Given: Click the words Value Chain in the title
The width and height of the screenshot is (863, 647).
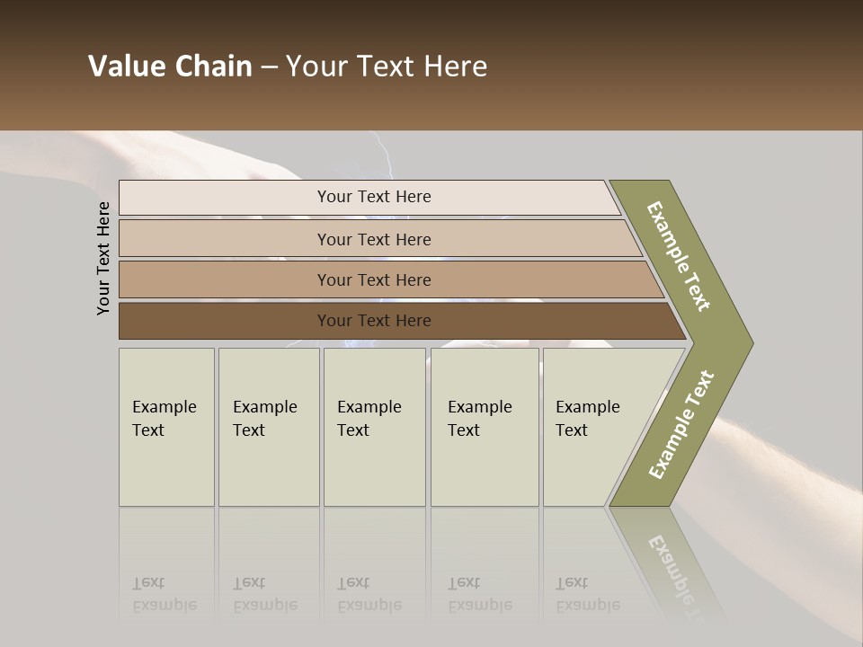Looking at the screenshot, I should (x=170, y=66).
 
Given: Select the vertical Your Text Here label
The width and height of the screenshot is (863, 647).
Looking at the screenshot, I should (x=103, y=258).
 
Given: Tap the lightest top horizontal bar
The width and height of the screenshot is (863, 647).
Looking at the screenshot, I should (x=225, y=198).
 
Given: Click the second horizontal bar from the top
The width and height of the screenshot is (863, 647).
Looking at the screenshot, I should (x=225, y=239).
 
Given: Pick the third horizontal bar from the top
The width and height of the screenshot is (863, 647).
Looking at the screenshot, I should (x=225, y=279).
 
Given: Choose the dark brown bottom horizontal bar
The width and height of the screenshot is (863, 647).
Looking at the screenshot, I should (x=225, y=321).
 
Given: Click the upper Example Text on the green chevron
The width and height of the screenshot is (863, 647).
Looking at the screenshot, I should (x=679, y=256).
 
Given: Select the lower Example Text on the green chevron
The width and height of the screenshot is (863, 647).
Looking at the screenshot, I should (x=681, y=425).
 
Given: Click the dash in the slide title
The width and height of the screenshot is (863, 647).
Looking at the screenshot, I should (x=269, y=66).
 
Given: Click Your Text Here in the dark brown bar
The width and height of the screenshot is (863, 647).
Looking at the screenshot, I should (x=374, y=321).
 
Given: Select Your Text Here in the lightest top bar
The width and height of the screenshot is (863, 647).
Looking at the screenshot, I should (x=374, y=197).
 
